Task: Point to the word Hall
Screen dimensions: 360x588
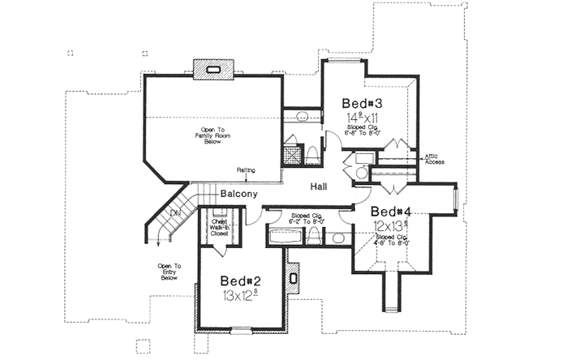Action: coord(320,186)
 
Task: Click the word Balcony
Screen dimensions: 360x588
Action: coord(238,194)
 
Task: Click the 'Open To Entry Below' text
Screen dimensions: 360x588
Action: coord(170,271)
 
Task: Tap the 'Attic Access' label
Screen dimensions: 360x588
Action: coord(435,158)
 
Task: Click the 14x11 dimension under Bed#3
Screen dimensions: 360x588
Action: coord(359,118)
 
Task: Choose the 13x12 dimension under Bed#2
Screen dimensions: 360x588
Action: coord(241,296)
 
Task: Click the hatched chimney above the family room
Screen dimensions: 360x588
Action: coord(214,70)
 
